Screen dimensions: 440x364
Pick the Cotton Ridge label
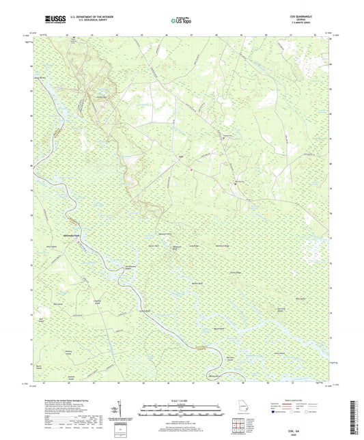(x=255, y=273)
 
